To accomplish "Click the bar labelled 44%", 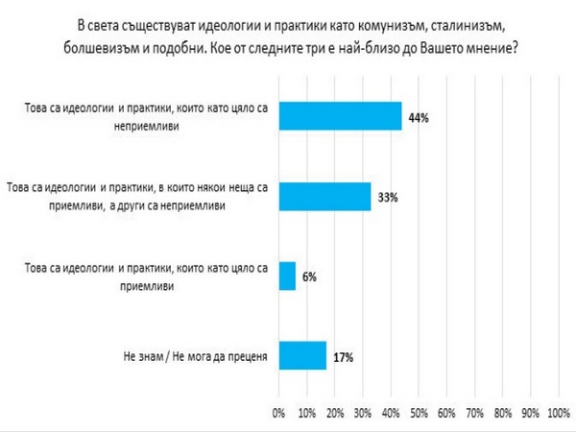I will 339,116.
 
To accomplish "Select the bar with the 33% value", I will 324,196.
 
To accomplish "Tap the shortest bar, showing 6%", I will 286,276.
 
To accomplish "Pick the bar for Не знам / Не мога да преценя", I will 301,356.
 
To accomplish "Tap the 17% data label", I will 343,357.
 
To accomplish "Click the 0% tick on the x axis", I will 279,413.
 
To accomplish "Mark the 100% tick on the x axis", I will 558,413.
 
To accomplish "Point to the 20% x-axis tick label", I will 334,413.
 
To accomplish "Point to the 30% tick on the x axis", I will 362,413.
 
